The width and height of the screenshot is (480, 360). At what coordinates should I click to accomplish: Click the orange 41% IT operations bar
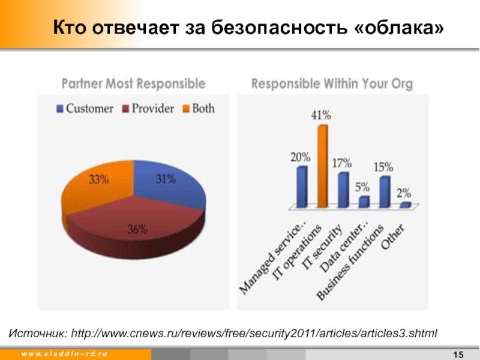pos(323,167)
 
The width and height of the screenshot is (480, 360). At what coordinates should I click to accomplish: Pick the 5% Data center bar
pos(364,202)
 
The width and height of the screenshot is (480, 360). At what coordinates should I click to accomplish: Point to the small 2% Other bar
pos(406,205)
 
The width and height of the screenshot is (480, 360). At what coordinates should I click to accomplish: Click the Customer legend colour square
pos(60,109)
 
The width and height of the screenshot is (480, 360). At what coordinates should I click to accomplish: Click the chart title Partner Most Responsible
pos(134,84)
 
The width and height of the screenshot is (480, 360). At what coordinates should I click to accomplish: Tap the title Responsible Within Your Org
pos(332,84)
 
